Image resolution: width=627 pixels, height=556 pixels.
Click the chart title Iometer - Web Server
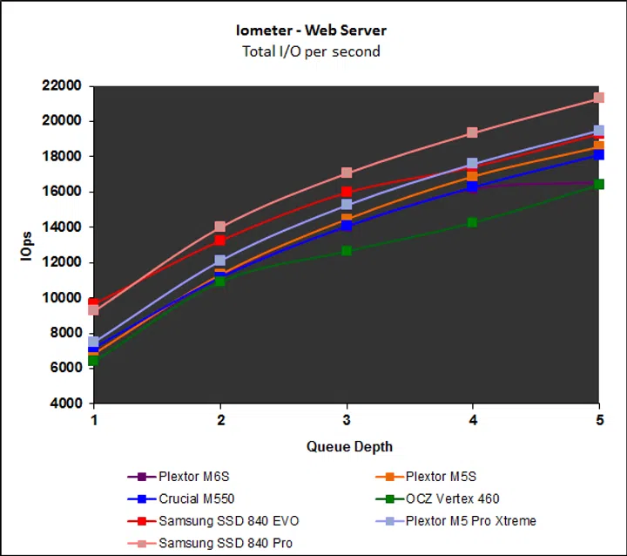(x=312, y=31)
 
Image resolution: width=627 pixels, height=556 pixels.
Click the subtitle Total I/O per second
(x=312, y=51)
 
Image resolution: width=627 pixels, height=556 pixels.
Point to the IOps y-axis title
(x=27, y=244)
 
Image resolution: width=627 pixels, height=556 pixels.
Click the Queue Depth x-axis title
(x=349, y=446)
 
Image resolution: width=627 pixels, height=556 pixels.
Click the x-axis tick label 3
(x=347, y=420)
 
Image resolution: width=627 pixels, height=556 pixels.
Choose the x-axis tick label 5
(x=598, y=420)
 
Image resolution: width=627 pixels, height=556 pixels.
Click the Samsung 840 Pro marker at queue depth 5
(x=598, y=98)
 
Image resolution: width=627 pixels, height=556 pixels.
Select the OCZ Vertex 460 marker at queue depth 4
(x=472, y=222)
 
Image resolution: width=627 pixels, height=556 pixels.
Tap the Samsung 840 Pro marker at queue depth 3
(x=347, y=173)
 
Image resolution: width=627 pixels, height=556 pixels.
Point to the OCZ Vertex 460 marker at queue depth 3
(x=347, y=251)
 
